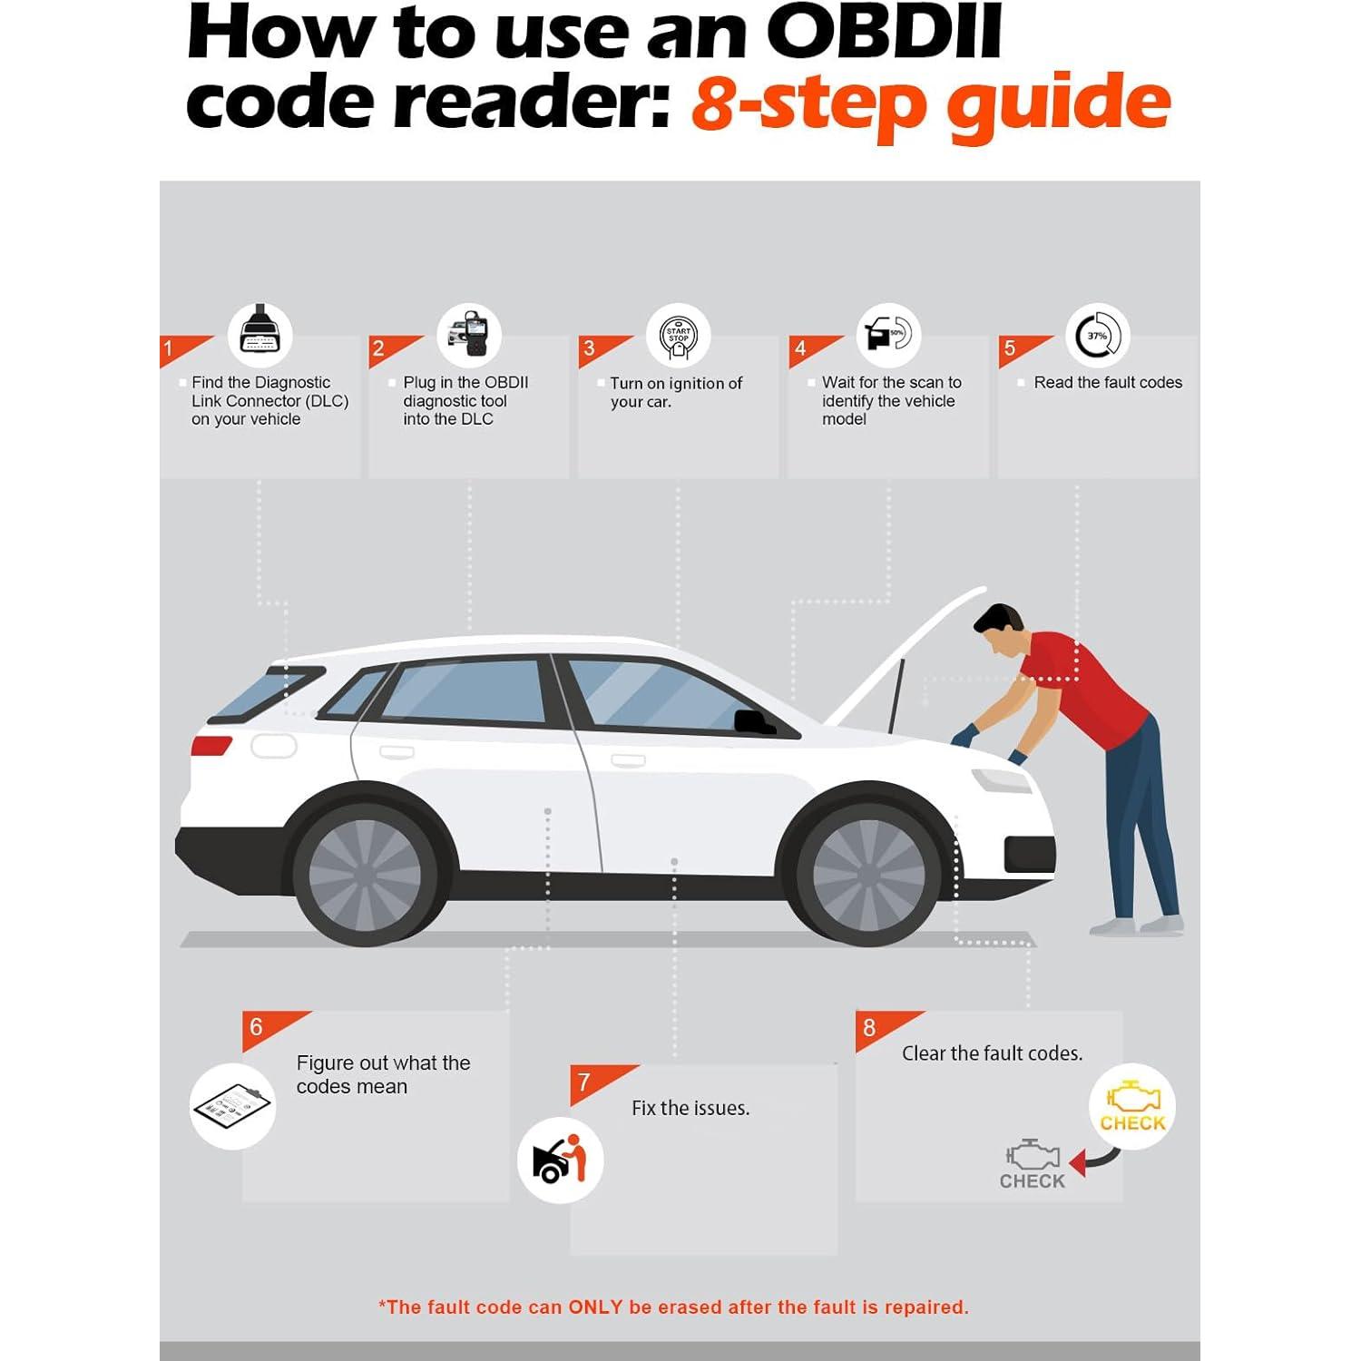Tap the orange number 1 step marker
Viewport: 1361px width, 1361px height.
(x=179, y=349)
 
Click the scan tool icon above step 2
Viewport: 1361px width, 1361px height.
(x=469, y=335)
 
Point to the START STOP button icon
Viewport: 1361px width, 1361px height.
(x=679, y=335)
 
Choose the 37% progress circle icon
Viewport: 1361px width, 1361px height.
(x=1098, y=335)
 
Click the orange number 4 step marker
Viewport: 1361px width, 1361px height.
(x=810, y=349)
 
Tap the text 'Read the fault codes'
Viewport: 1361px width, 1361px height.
(x=1108, y=383)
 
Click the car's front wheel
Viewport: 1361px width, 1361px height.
(x=869, y=873)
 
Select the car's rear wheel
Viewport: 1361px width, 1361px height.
(x=366, y=873)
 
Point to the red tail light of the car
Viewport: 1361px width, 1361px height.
(x=211, y=745)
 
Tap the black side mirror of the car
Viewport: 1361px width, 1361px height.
(x=755, y=721)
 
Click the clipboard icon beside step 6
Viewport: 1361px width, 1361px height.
(x=232, y=1106)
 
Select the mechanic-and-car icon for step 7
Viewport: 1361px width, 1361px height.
(x=561, y=1160)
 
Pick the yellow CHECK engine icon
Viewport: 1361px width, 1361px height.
(x=1132, y=1107)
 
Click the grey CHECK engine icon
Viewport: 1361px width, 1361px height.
(x=1033, y=1164)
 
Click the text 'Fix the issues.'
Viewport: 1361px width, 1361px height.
(x=690, y=1108)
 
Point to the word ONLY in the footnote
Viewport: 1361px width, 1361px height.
(x=595, y=1307)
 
